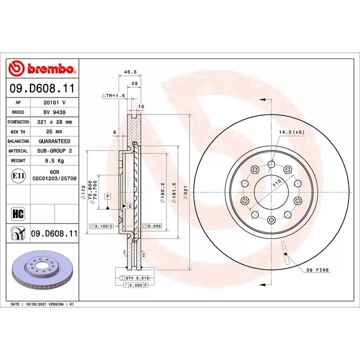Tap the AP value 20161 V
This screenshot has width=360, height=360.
[55, 101]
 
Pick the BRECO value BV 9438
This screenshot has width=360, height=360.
[55, 111]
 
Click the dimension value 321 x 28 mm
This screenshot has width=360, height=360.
[55, 121]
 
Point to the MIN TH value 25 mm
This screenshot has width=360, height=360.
[55, 131]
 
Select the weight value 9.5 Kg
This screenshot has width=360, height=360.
[55, 161]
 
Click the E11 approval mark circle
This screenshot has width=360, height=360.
[17, 176]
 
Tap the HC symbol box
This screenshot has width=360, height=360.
[17, 214]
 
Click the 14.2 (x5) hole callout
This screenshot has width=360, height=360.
[292, 132]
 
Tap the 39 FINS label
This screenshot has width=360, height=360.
[317, 270]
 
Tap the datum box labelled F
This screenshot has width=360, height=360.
[107, 196]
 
